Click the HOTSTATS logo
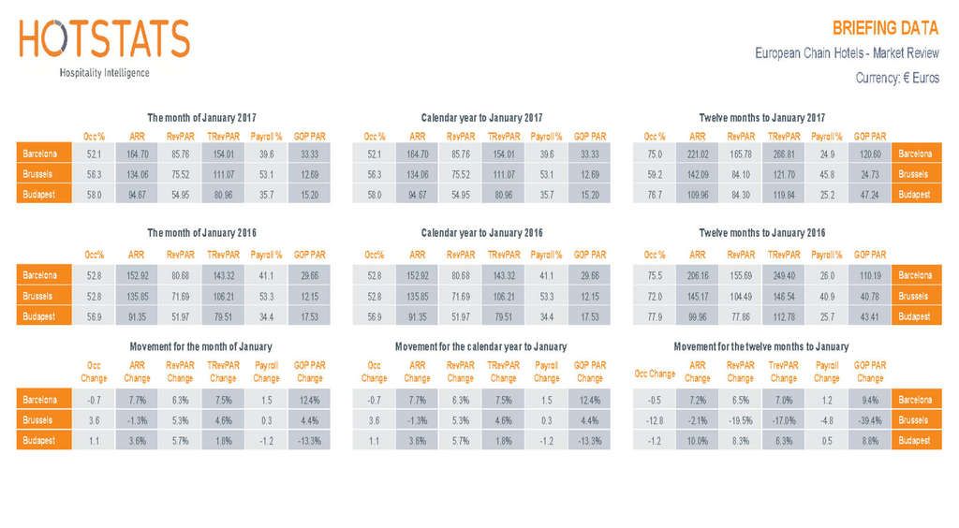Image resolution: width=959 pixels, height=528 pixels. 104,39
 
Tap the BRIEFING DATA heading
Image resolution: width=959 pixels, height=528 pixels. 885,27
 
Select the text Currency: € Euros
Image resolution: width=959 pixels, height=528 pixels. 897,78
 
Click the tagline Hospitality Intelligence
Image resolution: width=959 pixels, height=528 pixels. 104,72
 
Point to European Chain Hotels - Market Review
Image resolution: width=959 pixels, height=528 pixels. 847,53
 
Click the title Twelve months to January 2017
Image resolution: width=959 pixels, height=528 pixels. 761,118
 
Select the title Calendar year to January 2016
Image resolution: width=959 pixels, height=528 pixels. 481,232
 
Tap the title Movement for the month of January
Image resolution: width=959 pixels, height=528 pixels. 200,346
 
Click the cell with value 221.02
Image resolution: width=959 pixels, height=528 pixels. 698,154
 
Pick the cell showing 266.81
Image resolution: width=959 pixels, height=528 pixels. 784,154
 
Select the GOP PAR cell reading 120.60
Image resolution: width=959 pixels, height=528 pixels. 870,154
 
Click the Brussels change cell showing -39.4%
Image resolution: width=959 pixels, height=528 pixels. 870,420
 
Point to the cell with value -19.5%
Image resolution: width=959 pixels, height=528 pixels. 741,420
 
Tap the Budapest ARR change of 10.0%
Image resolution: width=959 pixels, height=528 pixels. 698,441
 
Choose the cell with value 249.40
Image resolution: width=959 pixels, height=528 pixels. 784,276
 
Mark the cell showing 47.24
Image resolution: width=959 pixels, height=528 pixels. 870,195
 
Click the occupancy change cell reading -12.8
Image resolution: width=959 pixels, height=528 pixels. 655,420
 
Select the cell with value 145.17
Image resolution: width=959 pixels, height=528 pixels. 698,297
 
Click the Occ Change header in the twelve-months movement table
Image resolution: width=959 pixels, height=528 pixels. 655,373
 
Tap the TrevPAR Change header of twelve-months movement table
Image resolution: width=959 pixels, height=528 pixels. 784,373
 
